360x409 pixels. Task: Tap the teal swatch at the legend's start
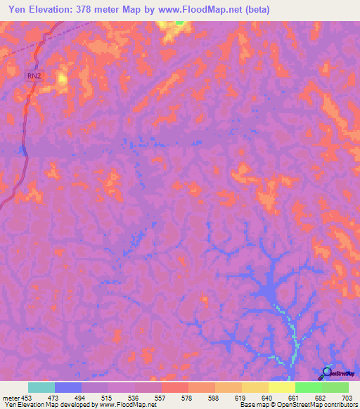(x=41, y=387)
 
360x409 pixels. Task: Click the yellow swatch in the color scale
(x=281, y=387)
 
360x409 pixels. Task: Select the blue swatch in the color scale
(x=67, y=387)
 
